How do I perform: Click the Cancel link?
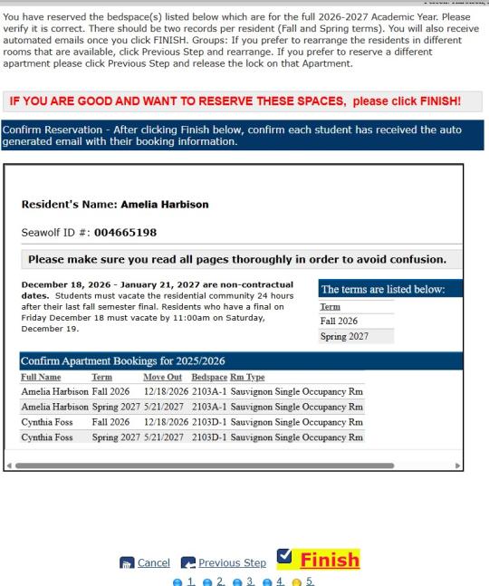coord(153,562)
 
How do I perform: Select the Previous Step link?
coord(232,562)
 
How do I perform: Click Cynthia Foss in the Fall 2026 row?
coord(50,422)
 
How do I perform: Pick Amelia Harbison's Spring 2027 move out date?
coord(163,407)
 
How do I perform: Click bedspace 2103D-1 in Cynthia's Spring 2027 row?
coord(209,437)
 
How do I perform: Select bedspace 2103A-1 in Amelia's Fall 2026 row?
coord(209,391)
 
